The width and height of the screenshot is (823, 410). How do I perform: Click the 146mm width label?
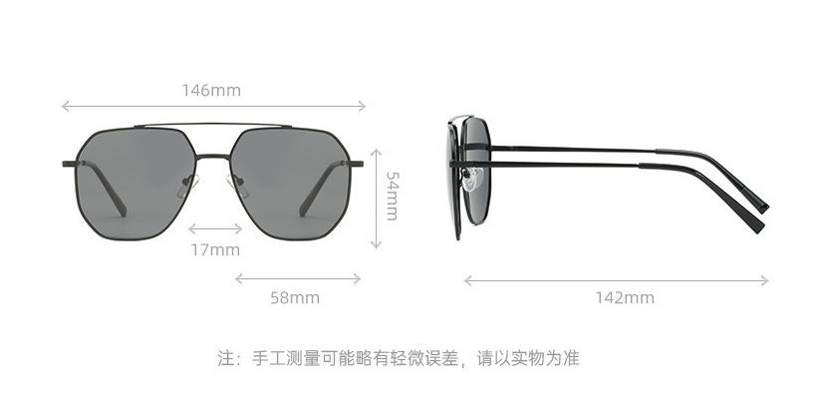(210, 90)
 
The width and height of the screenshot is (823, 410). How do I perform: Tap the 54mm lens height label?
(392, 196)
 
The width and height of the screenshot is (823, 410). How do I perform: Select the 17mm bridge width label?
(215, 249)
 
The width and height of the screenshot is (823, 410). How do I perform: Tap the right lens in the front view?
(294, 180)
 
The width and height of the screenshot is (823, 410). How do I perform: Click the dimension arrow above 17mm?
(215, 228)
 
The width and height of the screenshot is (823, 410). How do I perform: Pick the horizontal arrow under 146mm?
(214, 105)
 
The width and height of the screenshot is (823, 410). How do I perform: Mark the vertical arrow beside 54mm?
(376, 198)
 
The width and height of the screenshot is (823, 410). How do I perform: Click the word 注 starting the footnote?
(225, 357)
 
